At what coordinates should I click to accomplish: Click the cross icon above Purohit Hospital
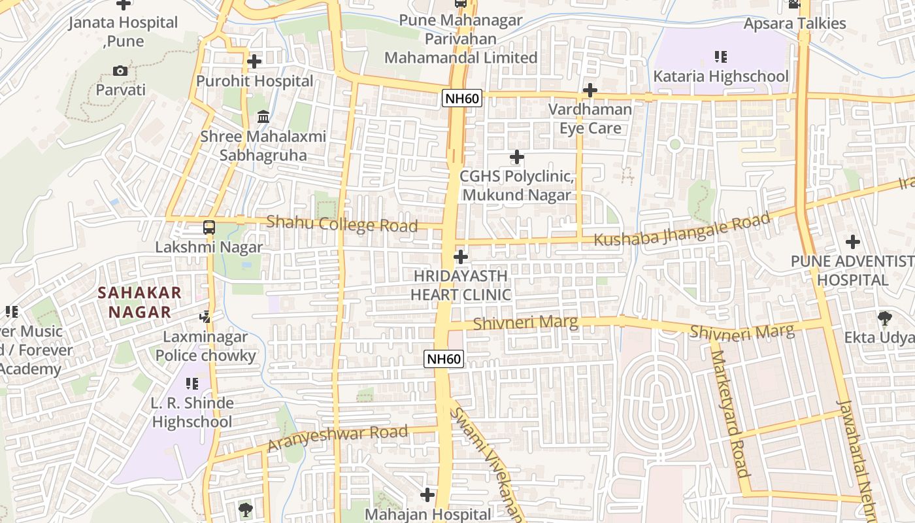click(254, 61)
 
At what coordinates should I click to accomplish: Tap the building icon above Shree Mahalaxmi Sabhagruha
click(263, 117)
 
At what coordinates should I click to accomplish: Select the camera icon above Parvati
click(120, 71)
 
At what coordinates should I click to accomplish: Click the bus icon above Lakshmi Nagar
click(209, 228)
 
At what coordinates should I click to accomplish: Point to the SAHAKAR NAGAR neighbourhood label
click(140, 302)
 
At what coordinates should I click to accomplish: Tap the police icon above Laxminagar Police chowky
click(205, 317)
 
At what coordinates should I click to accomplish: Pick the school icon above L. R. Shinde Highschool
click(191, 383)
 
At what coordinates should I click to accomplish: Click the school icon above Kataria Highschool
click(721, 57)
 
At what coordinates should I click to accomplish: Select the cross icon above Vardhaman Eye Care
click(590, 90)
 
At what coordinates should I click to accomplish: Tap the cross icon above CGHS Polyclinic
click(517, 157)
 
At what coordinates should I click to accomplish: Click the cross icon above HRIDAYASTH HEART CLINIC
click(461, 257)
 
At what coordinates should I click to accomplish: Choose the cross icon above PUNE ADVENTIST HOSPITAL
click(853, 242)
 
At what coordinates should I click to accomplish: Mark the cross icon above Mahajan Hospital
click(427, 495)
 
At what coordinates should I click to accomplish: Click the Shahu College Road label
click(342, 224)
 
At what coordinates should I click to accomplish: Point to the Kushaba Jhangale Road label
click(682, 230)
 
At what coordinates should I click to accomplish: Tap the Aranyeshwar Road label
click(337, 438)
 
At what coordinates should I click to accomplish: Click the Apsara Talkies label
click(795, 24)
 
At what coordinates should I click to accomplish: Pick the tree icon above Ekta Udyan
click(885, 318)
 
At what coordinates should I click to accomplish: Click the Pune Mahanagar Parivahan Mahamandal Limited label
click(461, 39)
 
